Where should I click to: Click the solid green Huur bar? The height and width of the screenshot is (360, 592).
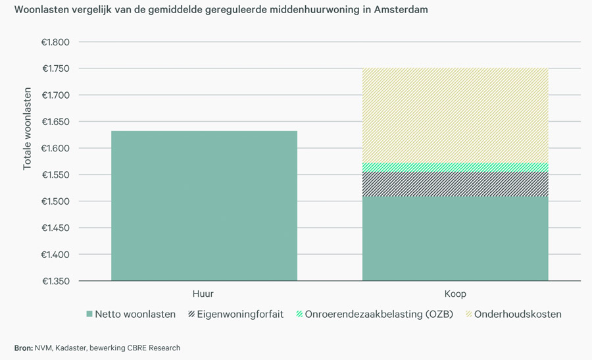(x=204, y=205)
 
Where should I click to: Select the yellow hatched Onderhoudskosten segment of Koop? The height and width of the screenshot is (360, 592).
(x=455, y=115)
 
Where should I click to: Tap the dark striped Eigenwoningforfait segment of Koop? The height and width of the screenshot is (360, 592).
(x=455, y=184)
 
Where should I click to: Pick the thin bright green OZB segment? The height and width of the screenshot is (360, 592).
(x=455, y=167)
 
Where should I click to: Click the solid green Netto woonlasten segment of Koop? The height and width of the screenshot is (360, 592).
(x=455, y=239)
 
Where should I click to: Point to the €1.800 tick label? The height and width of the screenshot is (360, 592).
(x=56, y=42)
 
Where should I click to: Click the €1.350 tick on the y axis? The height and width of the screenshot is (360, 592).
(x=56, y=281)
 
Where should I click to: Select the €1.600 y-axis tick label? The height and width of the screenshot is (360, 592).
(x=56, y=148)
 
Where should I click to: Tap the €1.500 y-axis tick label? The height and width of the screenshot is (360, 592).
(x=56, y=201)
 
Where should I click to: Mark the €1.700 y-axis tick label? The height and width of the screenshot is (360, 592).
(x=56, y=95)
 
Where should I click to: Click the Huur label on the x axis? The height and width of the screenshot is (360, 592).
(x=203, y=294)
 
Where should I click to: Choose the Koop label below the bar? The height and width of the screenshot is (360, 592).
(x=455, y=294)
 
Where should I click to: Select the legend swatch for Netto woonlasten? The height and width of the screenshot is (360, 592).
(x=89, y=315)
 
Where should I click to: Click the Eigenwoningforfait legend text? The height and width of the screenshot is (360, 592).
(x=240, y=315)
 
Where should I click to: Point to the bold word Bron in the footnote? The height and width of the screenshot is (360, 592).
(x=23, y=347)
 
